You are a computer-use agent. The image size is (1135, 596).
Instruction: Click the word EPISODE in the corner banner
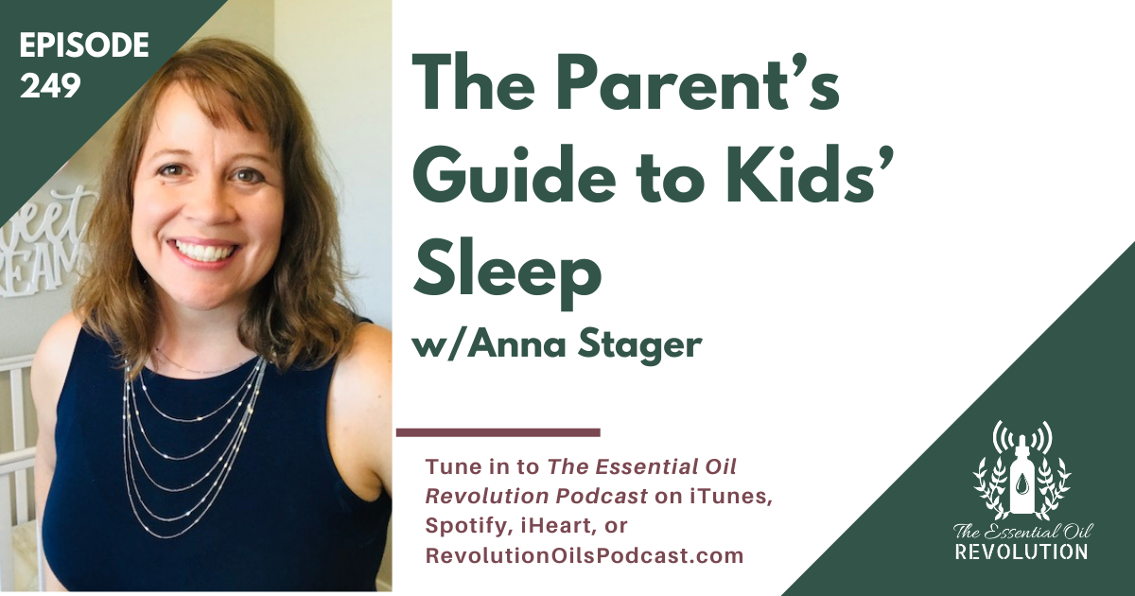[84, 44]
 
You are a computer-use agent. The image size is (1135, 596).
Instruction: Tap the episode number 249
[50, 85]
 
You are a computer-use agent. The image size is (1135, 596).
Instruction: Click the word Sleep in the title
[508, 273]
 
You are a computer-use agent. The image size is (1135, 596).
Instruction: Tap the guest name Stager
[640, 345]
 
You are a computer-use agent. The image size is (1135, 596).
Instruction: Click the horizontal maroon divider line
[498, 432]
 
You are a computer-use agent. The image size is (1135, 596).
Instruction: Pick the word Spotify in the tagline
[467, 527]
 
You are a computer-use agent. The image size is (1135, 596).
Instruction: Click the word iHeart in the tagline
[556, 526]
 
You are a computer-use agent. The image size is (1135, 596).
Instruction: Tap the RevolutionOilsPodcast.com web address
[585, 556]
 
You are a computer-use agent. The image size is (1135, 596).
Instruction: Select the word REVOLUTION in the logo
[1021, 551]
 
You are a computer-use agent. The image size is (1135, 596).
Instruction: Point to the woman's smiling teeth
[202, 250]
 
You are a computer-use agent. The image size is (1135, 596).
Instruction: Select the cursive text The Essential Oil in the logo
[1022, 531]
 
